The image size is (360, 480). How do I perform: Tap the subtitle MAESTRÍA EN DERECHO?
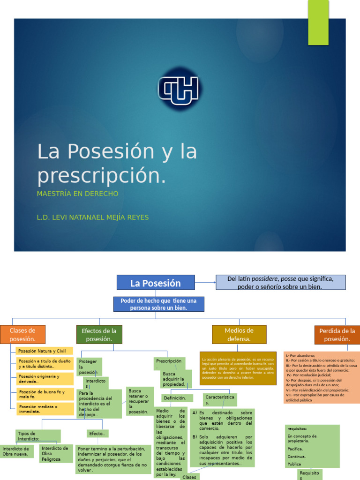78,194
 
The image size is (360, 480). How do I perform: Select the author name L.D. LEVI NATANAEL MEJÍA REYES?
93,217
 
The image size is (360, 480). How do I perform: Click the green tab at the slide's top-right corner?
318,15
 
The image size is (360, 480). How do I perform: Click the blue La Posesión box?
155,283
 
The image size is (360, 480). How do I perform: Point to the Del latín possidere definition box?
280,282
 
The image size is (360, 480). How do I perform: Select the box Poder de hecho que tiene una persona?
158,304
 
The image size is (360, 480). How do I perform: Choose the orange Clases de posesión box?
22,335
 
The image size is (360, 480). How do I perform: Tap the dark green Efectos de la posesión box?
99,335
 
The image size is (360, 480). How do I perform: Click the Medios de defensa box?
239,335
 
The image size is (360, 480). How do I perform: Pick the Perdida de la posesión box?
337,335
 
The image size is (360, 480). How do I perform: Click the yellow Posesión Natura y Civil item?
45,351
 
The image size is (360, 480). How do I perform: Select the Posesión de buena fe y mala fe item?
45,394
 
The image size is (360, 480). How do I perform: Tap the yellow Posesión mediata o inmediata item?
45,409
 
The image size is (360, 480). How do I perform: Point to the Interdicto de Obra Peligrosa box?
56,454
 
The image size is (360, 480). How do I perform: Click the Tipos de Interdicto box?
37,436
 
